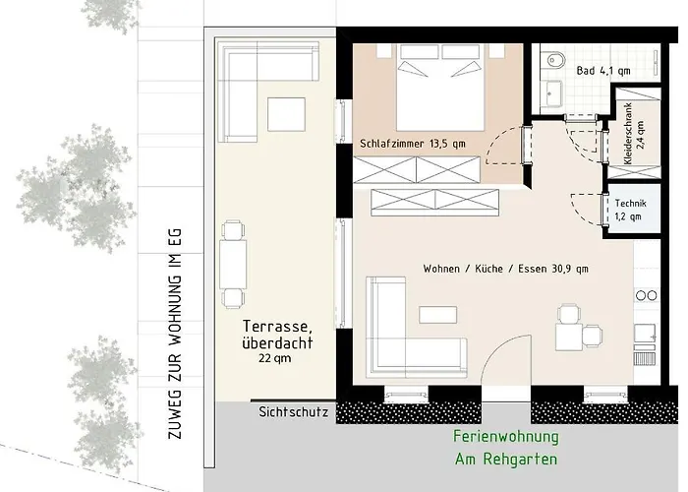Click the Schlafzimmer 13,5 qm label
click(413, 144)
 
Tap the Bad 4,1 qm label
click(603, 71)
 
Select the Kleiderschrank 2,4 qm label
click(634, 134)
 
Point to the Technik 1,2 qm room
click(632, 211)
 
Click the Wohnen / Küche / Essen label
click(505, 269)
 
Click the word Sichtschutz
click(293, 412)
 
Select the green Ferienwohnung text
click(506, 437)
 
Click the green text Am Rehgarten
click(506, 460)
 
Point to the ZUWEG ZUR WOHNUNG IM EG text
click(175, 334)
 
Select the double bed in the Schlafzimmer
click(439, 88)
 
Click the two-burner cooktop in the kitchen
click(647, 295)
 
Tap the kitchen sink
click(645, 334)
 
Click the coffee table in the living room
click(438, 315)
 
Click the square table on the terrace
click(286, 114)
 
